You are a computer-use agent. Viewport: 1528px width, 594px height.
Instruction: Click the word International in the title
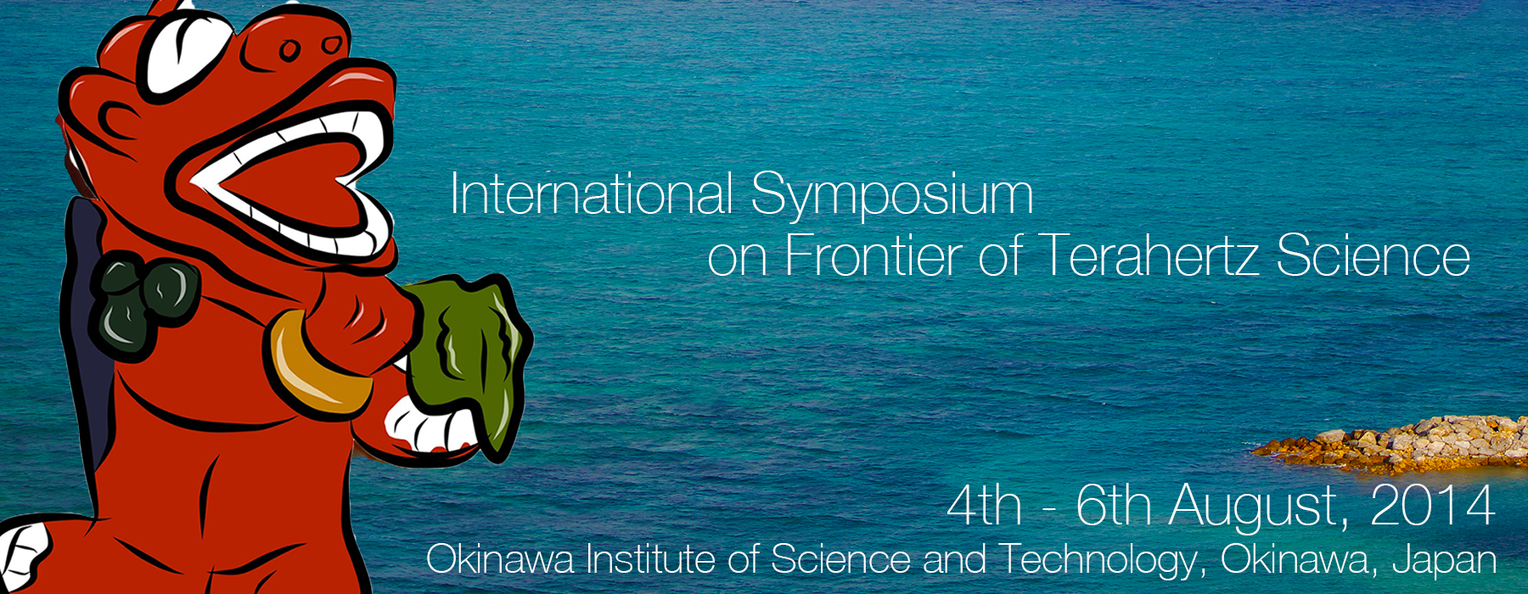591,193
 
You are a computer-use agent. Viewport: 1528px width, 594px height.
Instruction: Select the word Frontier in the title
875,255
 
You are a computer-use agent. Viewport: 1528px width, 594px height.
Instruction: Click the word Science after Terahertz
1373,255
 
